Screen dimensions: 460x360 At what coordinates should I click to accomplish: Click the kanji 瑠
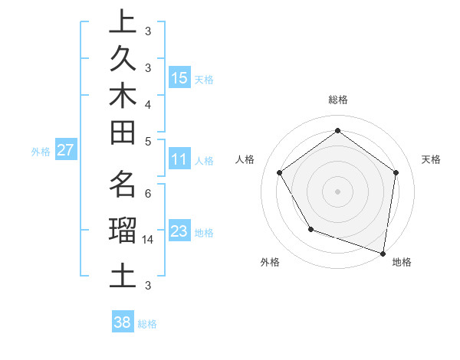[123, 230]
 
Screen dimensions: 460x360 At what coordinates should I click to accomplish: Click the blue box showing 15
[179, 77]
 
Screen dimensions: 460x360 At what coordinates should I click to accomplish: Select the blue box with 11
[179, 159]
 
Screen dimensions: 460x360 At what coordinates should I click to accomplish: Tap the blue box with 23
[179, 231]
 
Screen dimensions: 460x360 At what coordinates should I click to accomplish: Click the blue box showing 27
[65, 150]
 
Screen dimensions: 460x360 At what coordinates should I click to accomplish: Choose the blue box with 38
[123, 322]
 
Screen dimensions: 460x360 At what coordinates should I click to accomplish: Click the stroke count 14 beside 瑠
[148, 239]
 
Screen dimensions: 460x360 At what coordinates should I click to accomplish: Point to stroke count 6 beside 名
[147, 193]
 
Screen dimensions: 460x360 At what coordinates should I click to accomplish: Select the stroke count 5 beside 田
[147, 141]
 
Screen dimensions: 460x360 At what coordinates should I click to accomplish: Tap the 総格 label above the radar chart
[337, 100]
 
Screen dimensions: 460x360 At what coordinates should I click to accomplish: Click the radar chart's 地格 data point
[383, 252]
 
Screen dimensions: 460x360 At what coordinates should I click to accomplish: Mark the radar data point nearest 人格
[279, 172]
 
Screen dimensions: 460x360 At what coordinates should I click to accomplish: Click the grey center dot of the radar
[337, 191]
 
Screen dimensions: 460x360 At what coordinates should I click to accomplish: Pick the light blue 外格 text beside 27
[41, 152]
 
